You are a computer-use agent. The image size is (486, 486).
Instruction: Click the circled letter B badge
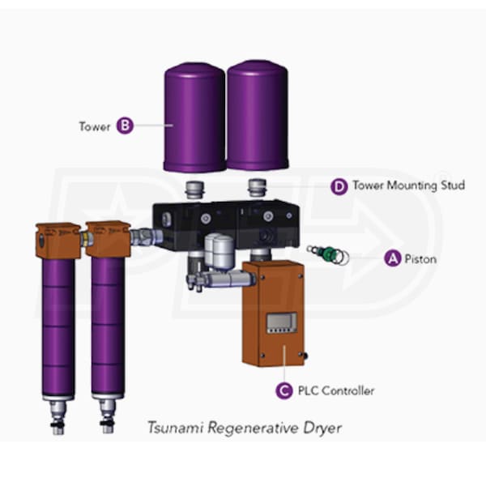click(x=125, y=126)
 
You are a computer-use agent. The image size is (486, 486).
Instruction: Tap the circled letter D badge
click(x=340, y=185)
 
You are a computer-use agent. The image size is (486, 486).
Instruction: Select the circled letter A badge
click(x=393, y=259)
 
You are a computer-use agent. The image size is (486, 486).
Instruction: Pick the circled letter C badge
click(x=283, y=390)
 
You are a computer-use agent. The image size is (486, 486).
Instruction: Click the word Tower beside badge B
click(x=94, y=126)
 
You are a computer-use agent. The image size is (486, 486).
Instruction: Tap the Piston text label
click(x=421, y=259)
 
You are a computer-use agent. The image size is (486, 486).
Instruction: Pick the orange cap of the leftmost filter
click(x=57, y=240)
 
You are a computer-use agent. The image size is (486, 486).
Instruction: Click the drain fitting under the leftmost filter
click(x=58, y=415)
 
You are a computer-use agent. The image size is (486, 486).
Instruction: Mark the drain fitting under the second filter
click(x=106, y=415)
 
